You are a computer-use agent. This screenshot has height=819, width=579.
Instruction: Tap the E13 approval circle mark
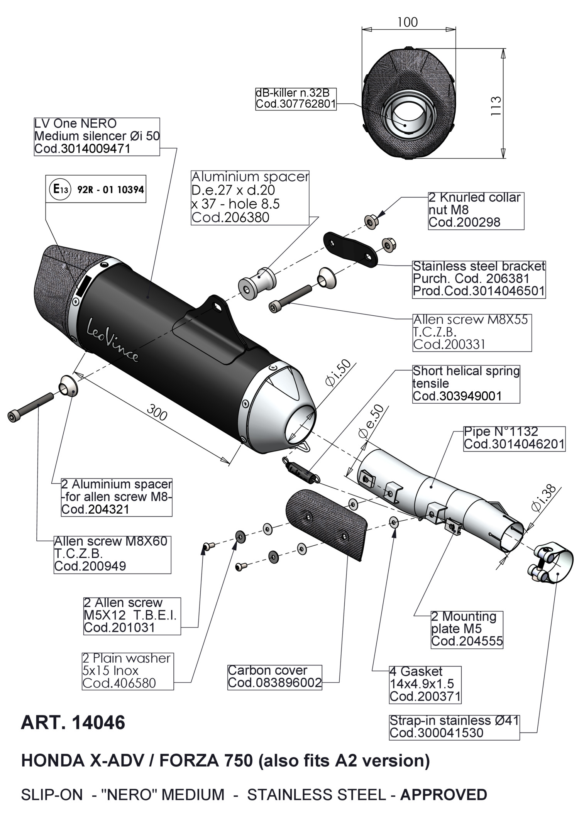coord(60,190)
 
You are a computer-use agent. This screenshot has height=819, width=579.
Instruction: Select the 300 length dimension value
coord(157,413)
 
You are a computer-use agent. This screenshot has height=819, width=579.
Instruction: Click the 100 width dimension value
coord(407,22)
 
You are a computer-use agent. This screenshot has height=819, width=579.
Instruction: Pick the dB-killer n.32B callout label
coord(296,99)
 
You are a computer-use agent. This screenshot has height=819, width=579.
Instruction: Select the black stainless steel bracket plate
coord(350,249)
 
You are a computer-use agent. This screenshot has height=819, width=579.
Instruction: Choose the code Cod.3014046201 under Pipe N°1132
coord(514,444)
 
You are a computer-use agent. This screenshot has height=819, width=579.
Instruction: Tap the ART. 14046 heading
coord(73,723)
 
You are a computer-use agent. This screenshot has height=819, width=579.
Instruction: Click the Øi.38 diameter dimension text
coord(544,498)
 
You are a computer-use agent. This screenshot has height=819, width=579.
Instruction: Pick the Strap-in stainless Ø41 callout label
coord(454,727)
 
